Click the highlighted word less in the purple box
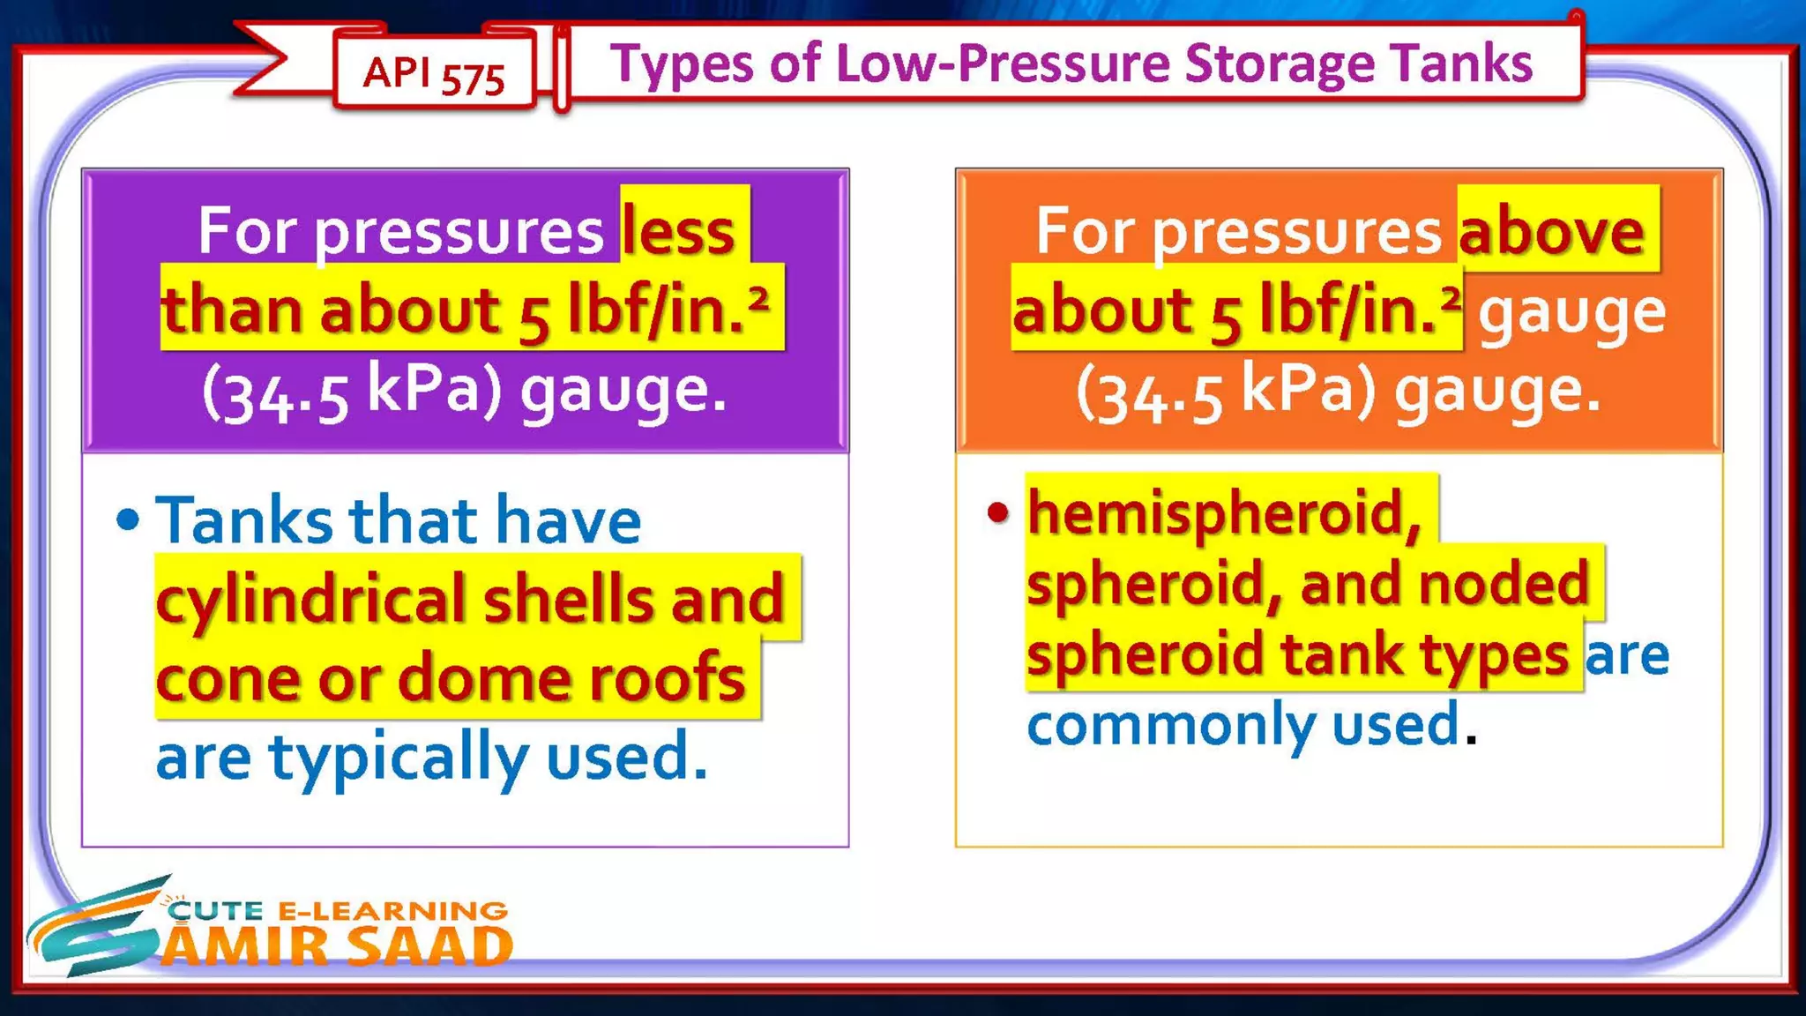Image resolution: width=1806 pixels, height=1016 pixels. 678,231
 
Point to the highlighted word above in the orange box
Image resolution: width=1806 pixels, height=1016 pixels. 1551,231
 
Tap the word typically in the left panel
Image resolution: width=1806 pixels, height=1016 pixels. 399,757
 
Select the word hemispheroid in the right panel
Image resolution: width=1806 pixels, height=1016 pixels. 1225,513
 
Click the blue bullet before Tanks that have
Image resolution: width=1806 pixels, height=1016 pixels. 128,519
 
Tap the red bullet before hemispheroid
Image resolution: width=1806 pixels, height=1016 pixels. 997,512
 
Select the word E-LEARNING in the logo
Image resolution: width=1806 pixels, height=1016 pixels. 392,910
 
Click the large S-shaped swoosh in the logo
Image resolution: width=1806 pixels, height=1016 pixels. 97,930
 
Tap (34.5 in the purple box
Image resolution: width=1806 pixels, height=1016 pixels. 275,393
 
